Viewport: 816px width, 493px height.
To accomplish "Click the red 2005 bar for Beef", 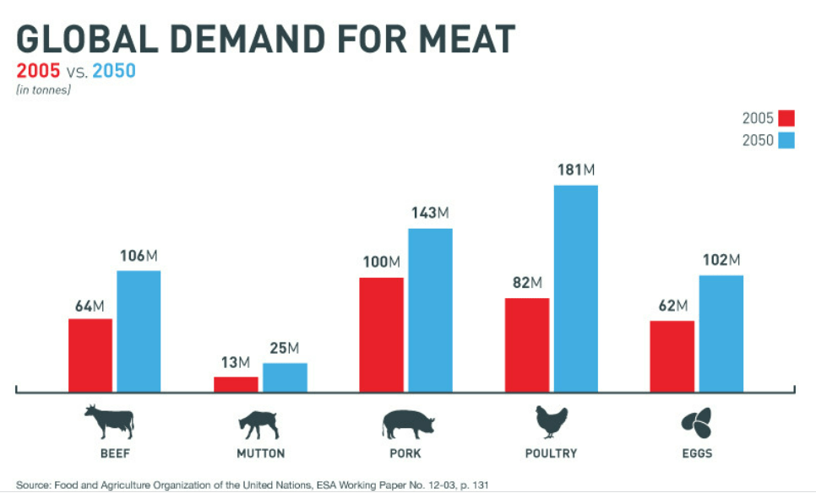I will click(90, 355).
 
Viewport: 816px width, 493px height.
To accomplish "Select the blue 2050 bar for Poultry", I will click(575, 288).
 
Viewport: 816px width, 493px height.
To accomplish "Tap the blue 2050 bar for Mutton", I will click(285, 377).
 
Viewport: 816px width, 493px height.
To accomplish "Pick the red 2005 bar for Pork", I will click(381, 334).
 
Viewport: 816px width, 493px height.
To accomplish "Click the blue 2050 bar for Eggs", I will click(721, 333).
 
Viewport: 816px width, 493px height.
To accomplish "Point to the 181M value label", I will click(577, 170).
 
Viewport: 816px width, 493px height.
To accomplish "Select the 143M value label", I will click(430, 213).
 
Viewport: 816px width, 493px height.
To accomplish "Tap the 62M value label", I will click(672, 306).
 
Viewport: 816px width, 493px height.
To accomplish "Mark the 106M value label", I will click(139, 255).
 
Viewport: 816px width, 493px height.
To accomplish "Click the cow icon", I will click(108, 421).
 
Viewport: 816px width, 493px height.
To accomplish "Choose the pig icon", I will click(408, 423).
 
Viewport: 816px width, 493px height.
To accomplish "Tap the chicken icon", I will click(551, 421).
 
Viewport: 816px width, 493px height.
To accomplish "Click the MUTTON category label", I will click(261, 453).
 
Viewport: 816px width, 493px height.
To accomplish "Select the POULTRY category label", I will click(551, 453).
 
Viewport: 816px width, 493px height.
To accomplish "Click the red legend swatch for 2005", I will click(786, 117).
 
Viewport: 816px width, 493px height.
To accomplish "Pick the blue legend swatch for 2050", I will click(786, 140).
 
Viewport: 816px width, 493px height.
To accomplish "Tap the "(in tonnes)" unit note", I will click(43, 89).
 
